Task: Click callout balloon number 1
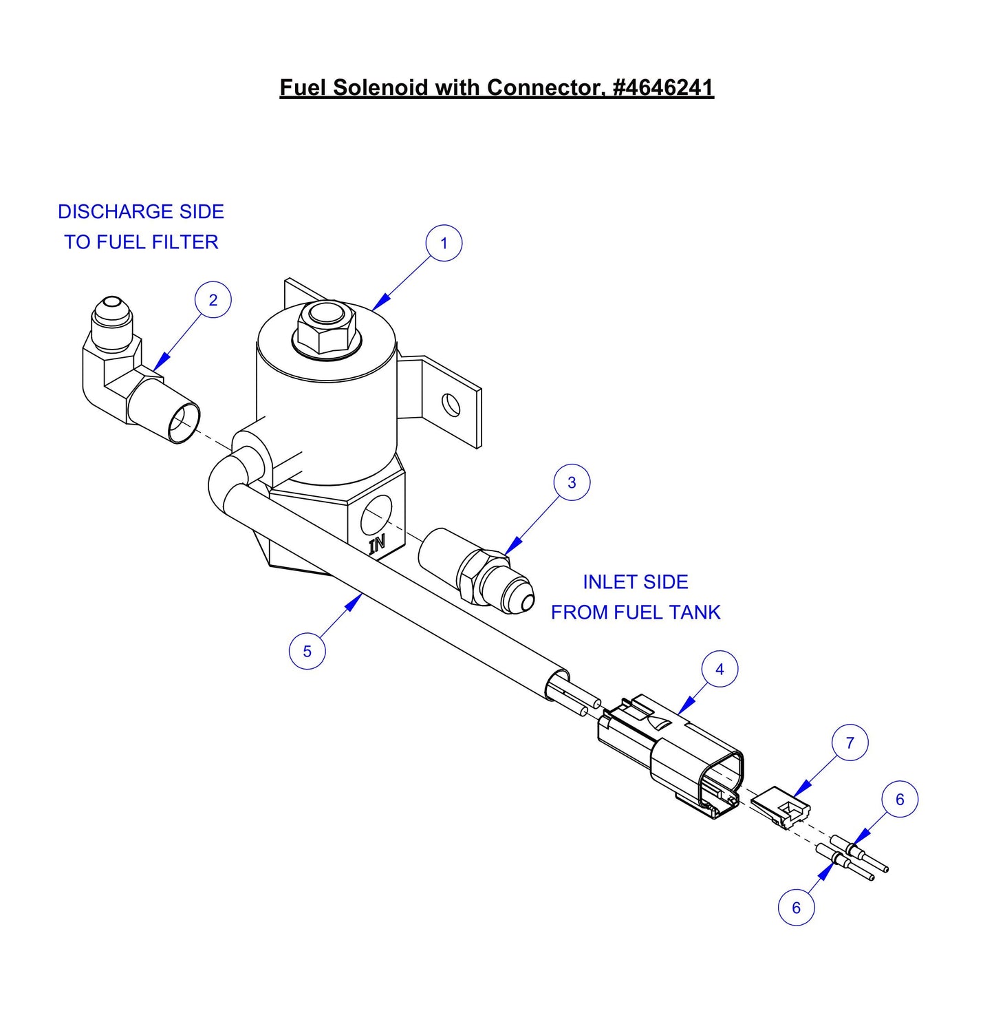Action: click(x=444, y=243)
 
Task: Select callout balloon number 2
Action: click(x=213, y=300)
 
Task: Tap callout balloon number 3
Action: click(x=572, y=482)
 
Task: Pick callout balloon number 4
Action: click(x=720, y=669)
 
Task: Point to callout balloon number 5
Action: click(x=307, y=651)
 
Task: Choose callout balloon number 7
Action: click(x=850, y=742)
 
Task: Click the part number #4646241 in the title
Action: click(x=662, y=87)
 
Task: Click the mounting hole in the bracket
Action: click(x=451, y=403)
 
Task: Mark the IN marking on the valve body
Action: click(x=378, y=544)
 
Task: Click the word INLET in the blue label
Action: click(x=605, y=582)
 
